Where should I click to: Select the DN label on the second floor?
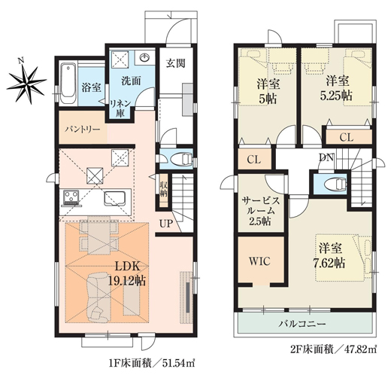[326, 157]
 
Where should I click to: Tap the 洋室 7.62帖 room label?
[330, 254]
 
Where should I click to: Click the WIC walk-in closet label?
[259, 261]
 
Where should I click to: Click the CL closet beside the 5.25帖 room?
[346, 137]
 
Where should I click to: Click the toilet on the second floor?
[334, 183]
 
